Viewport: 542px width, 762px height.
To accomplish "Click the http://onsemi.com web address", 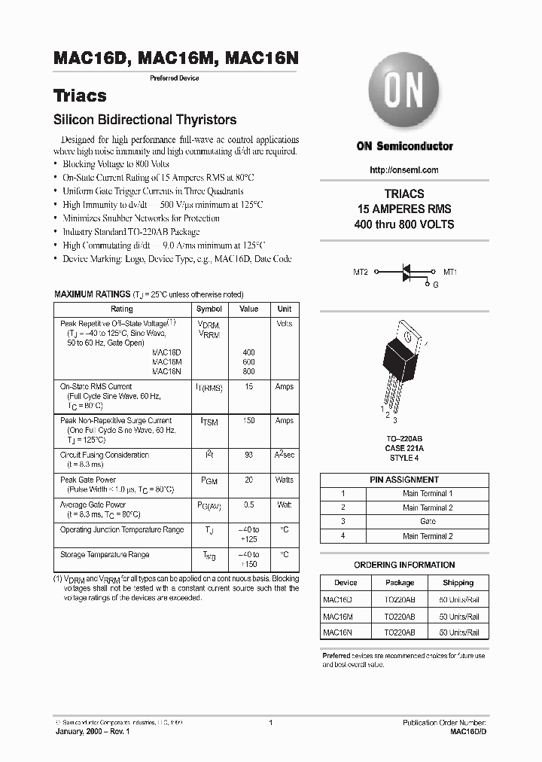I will tap(404, 170).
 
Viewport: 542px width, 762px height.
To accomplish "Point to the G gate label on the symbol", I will tap(434, 285).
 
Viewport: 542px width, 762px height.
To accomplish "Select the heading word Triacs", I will tap(80, 96).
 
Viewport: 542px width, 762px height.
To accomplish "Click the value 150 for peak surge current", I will tap(248, 421).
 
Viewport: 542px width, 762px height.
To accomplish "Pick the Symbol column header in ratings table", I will tap(209, 309).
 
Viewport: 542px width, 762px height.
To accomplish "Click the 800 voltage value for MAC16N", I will tap(248, 371).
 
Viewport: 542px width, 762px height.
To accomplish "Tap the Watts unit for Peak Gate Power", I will tap(284, 480).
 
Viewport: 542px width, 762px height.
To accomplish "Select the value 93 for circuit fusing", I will tap(248, 456).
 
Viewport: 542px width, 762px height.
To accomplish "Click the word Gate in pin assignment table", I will tap(428, 521).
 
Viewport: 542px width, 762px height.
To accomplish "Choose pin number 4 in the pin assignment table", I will tap(343, 536).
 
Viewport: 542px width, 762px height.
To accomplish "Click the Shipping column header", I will tap(458, 583).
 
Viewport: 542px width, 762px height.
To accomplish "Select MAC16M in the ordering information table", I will tap(338, 616).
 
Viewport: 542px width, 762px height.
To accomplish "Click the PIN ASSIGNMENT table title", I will tap(404, 480).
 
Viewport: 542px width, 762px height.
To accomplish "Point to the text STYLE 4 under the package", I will tap(404, 457).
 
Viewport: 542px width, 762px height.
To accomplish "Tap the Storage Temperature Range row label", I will tap(105, 555).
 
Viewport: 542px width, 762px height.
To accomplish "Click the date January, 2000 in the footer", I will tap(82, 731).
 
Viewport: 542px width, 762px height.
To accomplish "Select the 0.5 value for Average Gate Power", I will tap(248, 504).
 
